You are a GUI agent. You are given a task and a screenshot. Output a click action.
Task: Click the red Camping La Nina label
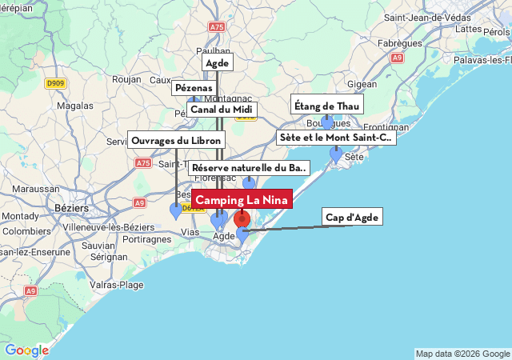[x=242, y=199]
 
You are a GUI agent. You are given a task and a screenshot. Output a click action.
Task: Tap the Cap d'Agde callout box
[x=352, y=217]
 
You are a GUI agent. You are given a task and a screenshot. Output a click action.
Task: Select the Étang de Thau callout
[x=327, y=104]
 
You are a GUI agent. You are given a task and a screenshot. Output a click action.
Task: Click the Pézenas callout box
[x=194, y=87]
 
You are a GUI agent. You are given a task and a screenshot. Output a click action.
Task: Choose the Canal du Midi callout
[x=222, y=109]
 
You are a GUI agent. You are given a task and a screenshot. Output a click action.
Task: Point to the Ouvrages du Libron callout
[x=176, y=140]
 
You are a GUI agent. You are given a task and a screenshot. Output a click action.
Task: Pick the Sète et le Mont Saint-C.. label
[x=336, y=138]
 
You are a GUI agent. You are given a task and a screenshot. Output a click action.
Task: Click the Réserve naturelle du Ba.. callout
[x=250, y=168]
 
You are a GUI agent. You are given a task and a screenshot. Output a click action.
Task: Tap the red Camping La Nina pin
[x=242, y=219]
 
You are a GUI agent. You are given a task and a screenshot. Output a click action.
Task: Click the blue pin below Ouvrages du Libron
[x=176, y=211]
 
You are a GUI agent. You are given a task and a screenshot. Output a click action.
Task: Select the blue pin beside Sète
[x=336, y=154]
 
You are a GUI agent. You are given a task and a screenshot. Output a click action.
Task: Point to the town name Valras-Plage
[x=117, y=284]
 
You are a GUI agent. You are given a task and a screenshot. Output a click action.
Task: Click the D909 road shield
[x=55, y=82]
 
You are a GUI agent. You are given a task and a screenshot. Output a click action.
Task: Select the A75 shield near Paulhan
[x=217, y=26]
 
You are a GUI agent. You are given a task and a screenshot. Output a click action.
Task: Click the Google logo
[x=26, y=350]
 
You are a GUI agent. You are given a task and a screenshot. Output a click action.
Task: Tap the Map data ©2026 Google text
[x=462, y=354]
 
